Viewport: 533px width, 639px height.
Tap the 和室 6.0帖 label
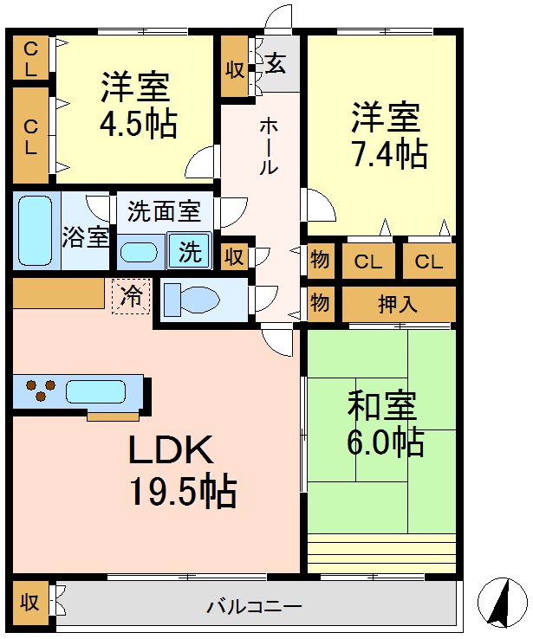point(384,424)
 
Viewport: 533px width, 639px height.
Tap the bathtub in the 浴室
point(36,230)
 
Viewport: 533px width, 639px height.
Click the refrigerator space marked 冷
point(132,296)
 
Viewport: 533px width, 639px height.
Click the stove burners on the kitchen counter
point(40,391)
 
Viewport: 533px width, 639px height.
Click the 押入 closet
point(399,304)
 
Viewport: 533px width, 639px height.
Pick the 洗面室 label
point(165,210)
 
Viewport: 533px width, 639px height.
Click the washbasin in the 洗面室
point(139,252)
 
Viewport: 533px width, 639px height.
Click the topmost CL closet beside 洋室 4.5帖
point(30,58)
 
